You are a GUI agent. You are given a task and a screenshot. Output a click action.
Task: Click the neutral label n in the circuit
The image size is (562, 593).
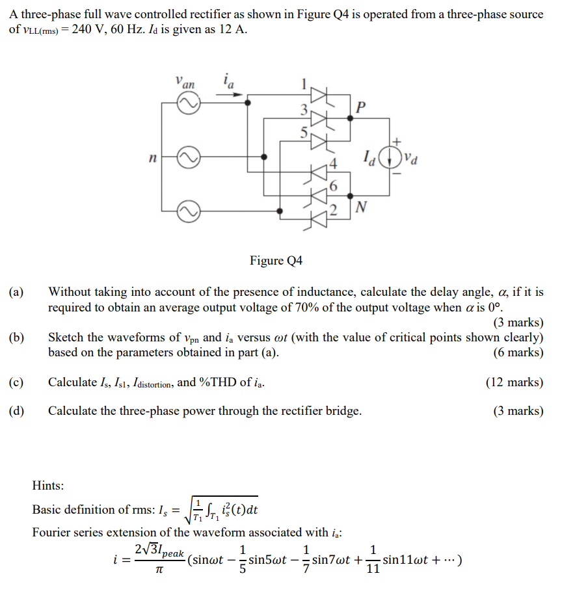[152, 157]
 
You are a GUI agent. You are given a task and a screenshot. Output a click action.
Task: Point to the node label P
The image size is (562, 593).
[361, 107]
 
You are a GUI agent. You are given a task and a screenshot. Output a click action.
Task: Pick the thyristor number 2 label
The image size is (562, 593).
[334, 210]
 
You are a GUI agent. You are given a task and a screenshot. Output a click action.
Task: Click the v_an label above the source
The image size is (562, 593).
[185, 83]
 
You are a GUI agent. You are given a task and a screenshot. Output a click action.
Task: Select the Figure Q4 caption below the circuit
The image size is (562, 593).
[276, 261]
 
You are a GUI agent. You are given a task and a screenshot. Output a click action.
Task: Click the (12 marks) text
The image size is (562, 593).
[514, 382]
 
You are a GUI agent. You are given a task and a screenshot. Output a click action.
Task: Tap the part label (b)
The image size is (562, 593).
[17, 337]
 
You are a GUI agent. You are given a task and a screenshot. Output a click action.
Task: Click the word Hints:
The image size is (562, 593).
[49, 484]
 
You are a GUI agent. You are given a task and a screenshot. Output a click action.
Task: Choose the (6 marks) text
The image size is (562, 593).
[518, 352]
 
